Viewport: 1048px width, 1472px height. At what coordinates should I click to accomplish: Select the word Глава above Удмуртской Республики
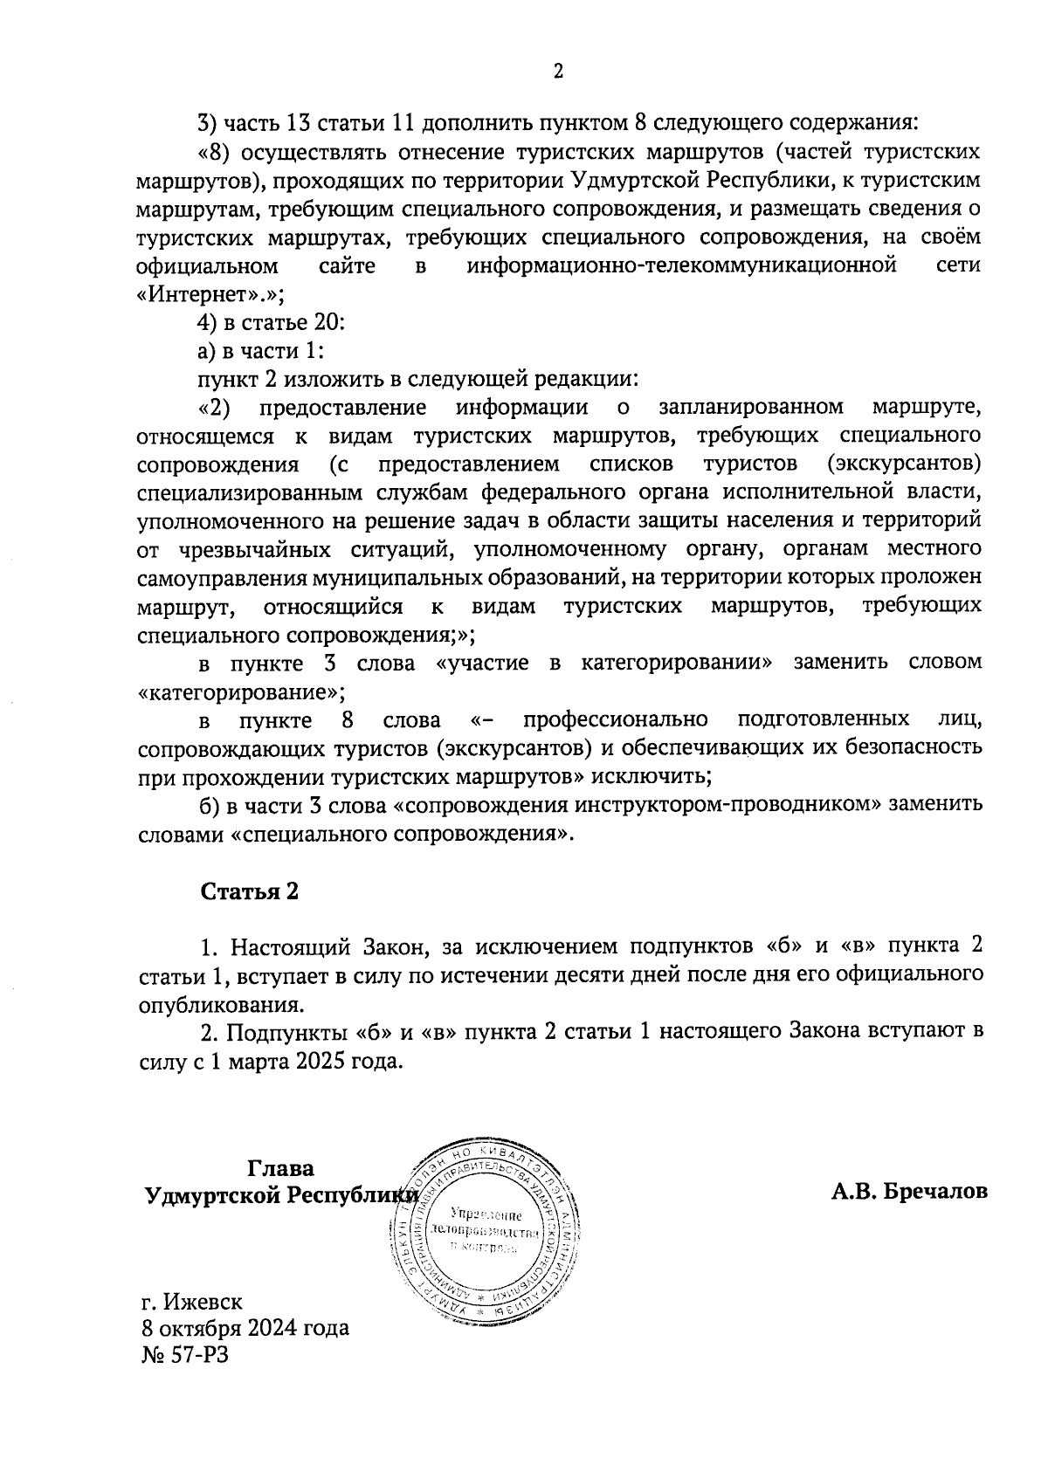coord(281,1168)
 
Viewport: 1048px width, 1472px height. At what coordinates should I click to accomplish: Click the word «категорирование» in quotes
coord(239,692)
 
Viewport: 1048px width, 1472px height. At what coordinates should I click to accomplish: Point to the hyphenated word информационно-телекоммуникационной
coord(682,265)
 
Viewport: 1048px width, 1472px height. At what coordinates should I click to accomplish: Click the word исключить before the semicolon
coord(653,775)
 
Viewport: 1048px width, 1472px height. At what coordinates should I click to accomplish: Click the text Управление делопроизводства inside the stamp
coord(486,1223)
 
